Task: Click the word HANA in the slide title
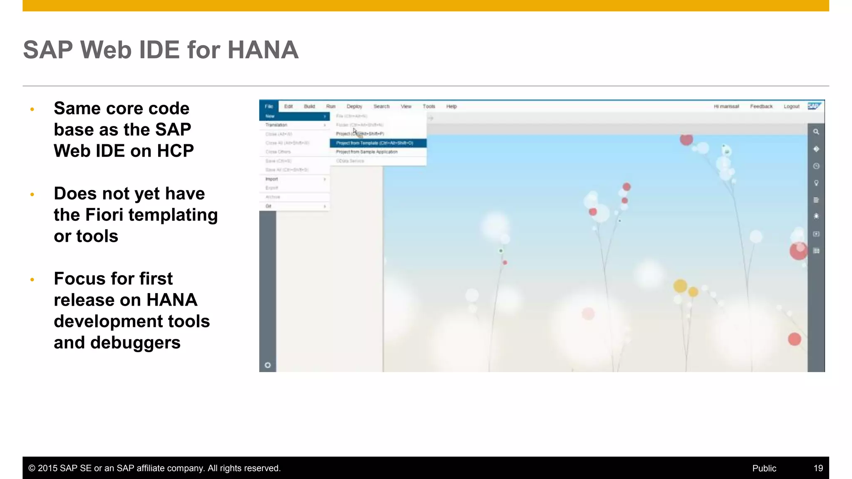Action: point(263,50)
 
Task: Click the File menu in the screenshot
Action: point(269,106)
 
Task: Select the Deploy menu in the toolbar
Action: point(354,106)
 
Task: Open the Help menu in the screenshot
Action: point(451,106)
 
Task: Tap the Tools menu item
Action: point(428,106)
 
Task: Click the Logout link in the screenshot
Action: point(791,106)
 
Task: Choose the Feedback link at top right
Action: point(761,106)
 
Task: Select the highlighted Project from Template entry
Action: point(374,143)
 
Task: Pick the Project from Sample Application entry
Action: point(367,152)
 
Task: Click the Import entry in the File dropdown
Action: point(272,179)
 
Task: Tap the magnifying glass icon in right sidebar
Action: point(816,132)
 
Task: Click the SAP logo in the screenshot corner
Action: point(814,106)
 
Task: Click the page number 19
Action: point(818,468)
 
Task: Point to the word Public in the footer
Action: point(764,468)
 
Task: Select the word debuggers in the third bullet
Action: point(135,343)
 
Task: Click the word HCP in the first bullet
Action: point(175,151)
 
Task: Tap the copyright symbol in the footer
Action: point(32,468)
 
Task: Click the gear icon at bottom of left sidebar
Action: point(267,365)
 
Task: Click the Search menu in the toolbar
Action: point(381,106)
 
